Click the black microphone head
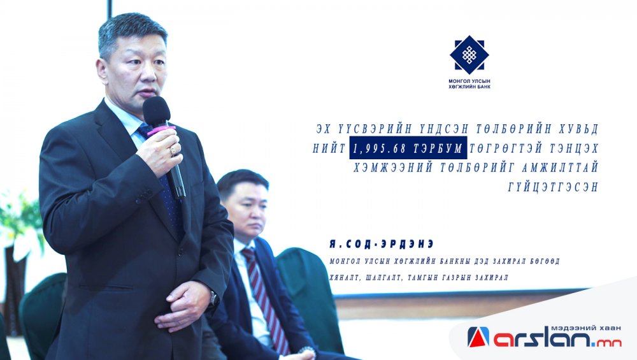[x=156, y=111]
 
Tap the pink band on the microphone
[x=161, y=130]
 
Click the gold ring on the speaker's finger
[x=173, y=150]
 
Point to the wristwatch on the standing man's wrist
[x=213, y=299]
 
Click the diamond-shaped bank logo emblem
[x=469, y=55]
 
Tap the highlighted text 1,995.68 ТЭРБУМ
[x=408, y=148]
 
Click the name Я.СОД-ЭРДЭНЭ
[x=382, y=244]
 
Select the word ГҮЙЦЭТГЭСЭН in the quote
[x=553, y=187]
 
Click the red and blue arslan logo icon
[x=478, y=337]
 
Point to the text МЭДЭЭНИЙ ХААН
[x=586, y=328]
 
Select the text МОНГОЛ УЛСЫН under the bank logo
[x=469, y=82]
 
